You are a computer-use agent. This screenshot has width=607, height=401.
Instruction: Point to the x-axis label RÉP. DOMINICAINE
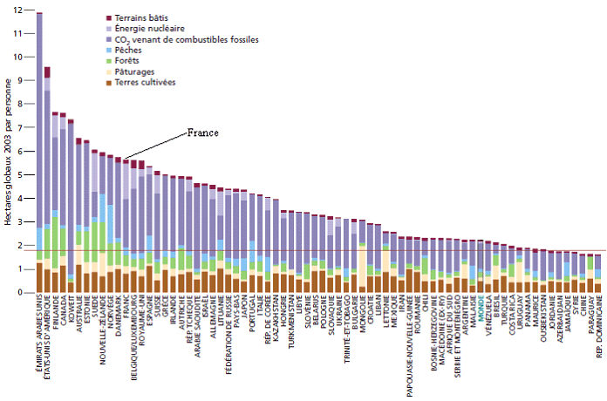point(597,332)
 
